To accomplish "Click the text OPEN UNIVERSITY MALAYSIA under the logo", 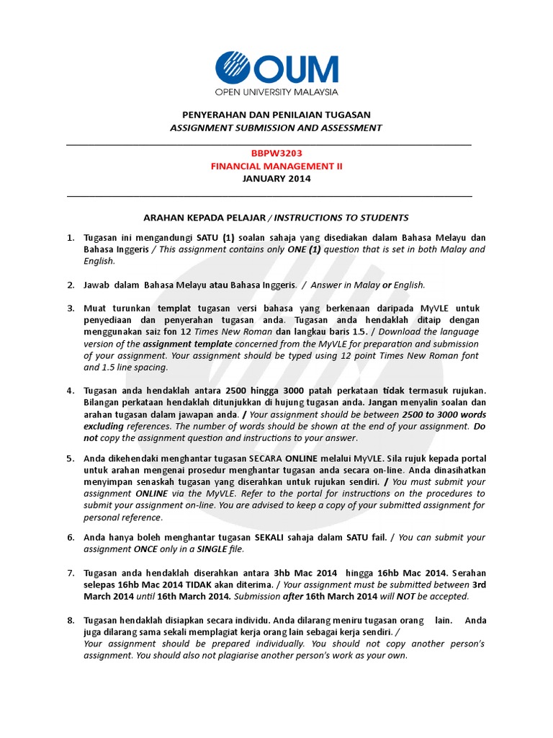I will click(276, 92).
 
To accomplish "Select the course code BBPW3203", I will click(276, 153).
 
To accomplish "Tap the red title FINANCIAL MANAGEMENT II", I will click(276, 166).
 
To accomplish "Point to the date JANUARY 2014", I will click(276, 179).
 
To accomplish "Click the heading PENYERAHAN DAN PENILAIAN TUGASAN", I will click(276, 115).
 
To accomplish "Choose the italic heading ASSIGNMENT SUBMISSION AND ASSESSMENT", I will click(276, 128).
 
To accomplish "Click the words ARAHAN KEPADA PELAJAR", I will click(204, 217).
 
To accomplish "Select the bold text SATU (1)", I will click(215, 238).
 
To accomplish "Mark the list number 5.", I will click(71, 459).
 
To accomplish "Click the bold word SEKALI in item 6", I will click(271, 538).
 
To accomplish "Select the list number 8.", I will click(71, 621).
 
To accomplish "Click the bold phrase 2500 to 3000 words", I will click(443, 414).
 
